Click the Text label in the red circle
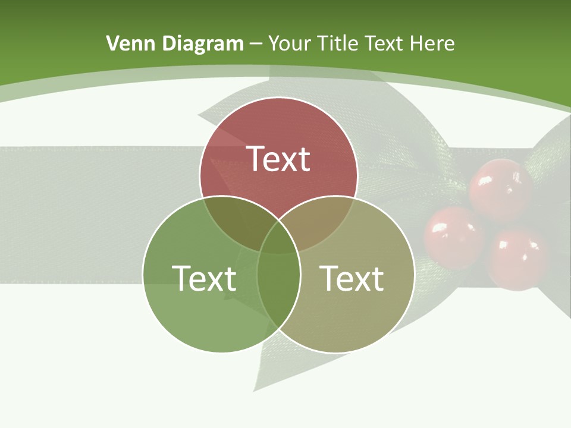click(x=278, y=159)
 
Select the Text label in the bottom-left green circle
click(x=204, y=278)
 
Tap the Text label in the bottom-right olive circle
click(x=352, y=278)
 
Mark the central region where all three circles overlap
click(x=278, y=238)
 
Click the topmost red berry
click(x=500, y=189)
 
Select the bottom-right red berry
click(x=517, y=259)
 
